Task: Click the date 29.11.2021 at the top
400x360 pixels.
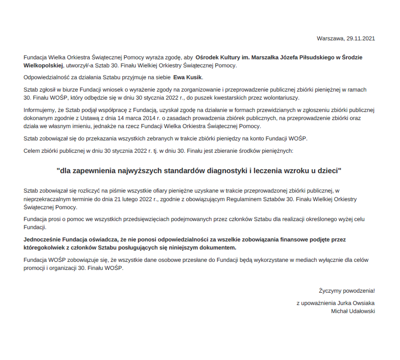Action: (361, 38)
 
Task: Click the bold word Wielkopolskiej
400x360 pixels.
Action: (43, 65)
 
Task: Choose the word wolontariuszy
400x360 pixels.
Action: (280, 97)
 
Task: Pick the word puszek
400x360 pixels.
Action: (223, 97)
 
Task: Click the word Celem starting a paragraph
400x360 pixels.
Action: (32, 151)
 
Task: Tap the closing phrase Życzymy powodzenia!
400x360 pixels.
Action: (347, 291)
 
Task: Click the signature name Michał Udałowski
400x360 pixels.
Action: (353, 311)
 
